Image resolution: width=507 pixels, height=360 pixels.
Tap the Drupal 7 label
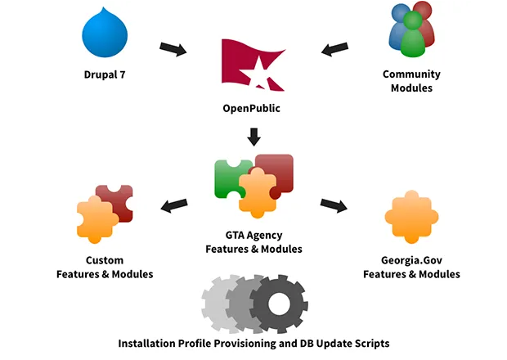coord(105,75)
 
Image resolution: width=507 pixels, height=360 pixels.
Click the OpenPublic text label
coord(253,108)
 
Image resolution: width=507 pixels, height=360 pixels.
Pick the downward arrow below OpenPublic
coord(253,136)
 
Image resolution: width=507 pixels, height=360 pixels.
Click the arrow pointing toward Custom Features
coord(176,204)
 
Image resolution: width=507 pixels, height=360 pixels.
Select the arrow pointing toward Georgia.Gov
coord(333,204)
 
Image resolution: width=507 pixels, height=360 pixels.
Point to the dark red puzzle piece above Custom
coord(116,200)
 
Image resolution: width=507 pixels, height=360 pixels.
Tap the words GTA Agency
coord(253,235)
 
